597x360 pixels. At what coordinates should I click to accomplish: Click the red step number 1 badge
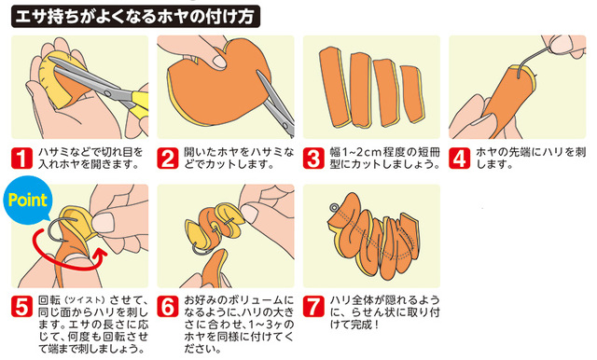pyautogui.click(x=21, y=158)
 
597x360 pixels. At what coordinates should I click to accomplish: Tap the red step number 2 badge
pyautogui.click(x=168, y=158)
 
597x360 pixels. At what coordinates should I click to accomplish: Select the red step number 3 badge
pyautogui.click(x=313, y=158)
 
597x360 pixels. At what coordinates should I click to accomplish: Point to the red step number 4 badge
pyautogui.click(x=459, y=158)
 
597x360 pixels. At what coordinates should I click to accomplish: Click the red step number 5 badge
pyautogui.click(x=21, y=306)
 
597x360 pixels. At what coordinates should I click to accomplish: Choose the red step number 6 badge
pyautogui.click(x=168, y=306)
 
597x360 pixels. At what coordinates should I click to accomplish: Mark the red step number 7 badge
pyautogui.click(x=313, y=306)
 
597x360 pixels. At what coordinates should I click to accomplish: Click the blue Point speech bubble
pyautogui.click(x=27, y=200)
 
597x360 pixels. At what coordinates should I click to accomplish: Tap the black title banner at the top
pyautogui.click(x=135, y=17)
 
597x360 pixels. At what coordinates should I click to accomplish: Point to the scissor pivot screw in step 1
pyautogui.click(x=108, y=93)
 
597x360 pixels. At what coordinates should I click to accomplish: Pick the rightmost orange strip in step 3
pyautogui.click(x=411, y=93)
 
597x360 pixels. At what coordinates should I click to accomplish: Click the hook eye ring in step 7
pyautogui.click(x=334, y=208)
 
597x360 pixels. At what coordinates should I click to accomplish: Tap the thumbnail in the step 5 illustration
pyautogui.click(x=103, y=222)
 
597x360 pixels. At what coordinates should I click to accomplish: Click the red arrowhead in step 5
pyautogui.click(x=99, y=254)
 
